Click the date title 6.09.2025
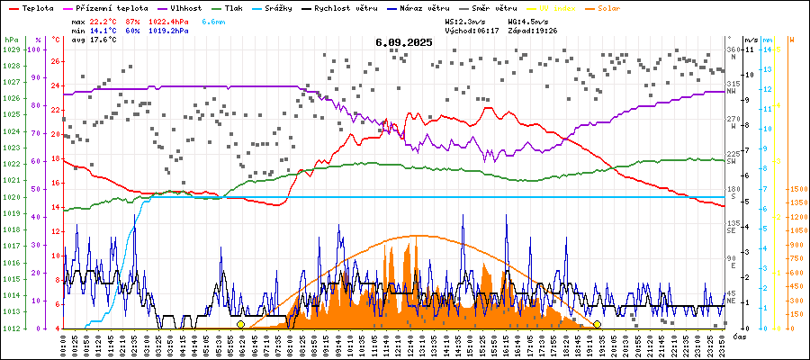[x=404, y=42]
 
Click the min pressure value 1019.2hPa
[x=168, y=31]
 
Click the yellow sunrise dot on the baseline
[x=240, y=324]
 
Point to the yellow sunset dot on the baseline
[x=598, y=324]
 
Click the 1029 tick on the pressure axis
[x=11, y=49]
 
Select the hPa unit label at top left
[x=11, y=40]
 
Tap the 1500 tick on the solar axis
[x=796, y=189]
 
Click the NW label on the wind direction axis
[x=733, y=91]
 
